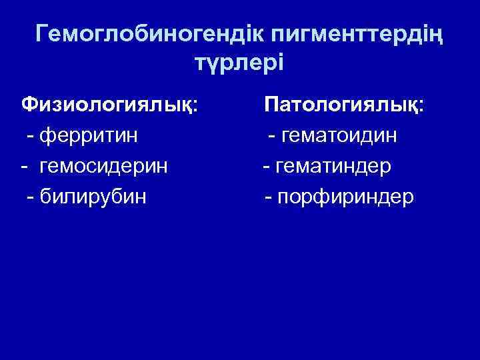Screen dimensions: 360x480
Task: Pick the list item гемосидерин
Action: pos(104,167)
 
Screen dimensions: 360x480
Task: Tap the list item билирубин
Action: pos(93,198)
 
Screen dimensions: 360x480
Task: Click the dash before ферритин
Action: pos(31,137)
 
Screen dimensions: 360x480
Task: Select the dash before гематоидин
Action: pos(272,137)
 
